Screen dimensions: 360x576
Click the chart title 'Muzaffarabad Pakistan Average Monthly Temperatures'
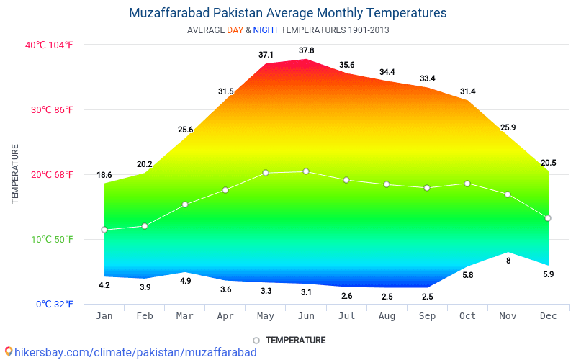click(288, 13)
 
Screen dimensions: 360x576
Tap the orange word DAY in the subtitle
click(235, 30)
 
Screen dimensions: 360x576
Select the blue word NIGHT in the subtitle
click(266, 30)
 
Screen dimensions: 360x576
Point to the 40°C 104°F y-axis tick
click(49, 45)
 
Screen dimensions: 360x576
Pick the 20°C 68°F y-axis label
click(49, 174)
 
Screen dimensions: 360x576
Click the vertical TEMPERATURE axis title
click(15, 174)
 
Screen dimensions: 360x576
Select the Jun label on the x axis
click(306, 315)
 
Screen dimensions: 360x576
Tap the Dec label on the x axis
click(548, 315)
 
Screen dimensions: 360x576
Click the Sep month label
click(427, 315)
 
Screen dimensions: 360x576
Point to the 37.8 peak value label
click(306, 50)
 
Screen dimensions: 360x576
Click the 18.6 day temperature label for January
click(104, 175)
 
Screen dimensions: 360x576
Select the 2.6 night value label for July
click(346, 296)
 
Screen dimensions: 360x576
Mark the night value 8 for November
click(508, 261)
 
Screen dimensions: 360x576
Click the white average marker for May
click(266, 173)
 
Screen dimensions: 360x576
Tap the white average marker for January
click(104, 230)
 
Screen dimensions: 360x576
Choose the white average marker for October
click(467, 184)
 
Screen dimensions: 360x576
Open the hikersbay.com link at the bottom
click(133, 352)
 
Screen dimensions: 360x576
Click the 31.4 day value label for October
click(467, 91)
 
